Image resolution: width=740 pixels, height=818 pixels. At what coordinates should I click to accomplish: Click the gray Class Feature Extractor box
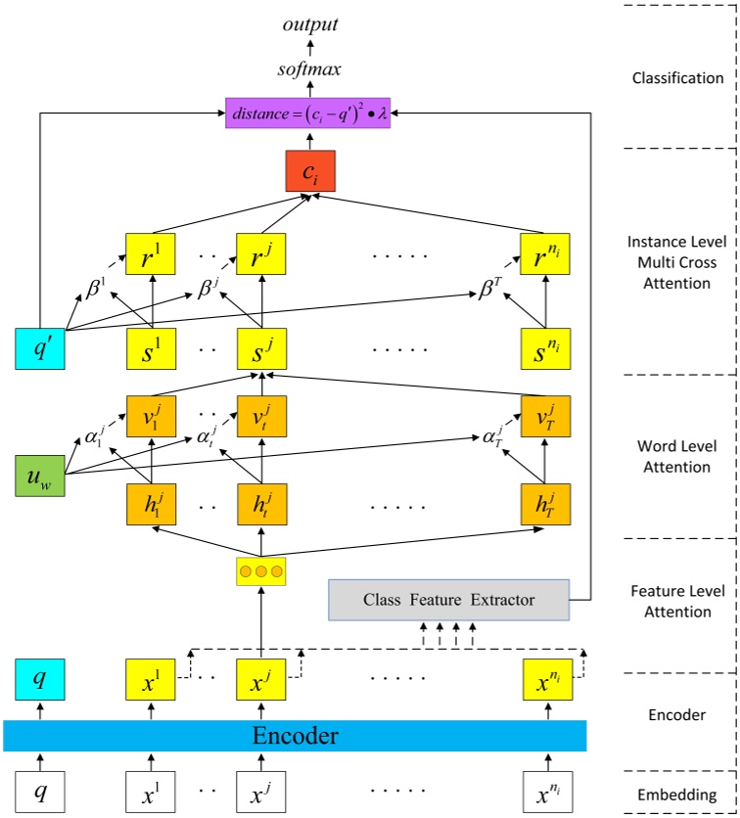click(449, 599)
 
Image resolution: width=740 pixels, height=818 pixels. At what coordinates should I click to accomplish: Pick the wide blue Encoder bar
click(295, 736)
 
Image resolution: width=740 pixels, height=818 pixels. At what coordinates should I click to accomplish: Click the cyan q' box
click(40, 349)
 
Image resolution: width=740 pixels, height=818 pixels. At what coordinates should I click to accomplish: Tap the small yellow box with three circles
click(261, 570)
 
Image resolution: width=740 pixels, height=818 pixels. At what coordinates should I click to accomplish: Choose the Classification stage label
click(677, 77)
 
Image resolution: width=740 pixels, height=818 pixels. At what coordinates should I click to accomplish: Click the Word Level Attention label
click(677, 456)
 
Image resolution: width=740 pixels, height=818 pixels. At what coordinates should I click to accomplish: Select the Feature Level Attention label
click(677, 601)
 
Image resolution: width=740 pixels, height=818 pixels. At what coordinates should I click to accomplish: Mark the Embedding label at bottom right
click(677, 795)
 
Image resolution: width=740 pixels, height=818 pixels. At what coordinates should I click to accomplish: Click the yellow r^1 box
click(152, 253)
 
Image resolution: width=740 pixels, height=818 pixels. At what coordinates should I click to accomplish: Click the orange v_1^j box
click(152, 415)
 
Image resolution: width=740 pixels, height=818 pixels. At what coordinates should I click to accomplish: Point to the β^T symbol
click(490, 290)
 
